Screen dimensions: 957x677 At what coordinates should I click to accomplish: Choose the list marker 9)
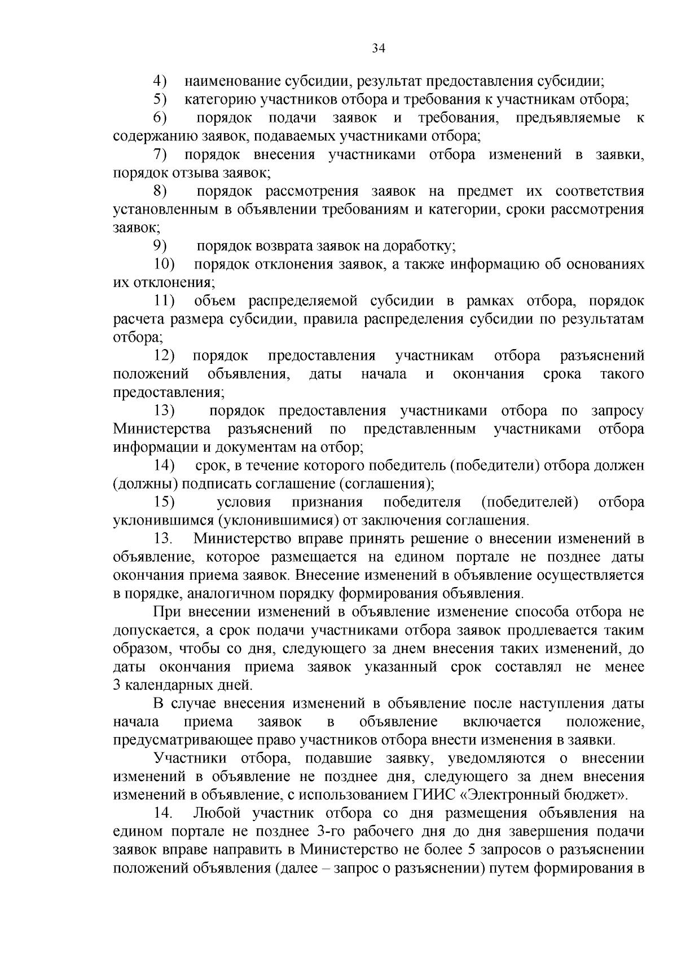(160, 246)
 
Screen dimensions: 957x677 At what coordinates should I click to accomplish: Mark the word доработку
(419, 246)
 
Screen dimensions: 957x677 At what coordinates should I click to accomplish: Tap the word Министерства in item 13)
(162, 429)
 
